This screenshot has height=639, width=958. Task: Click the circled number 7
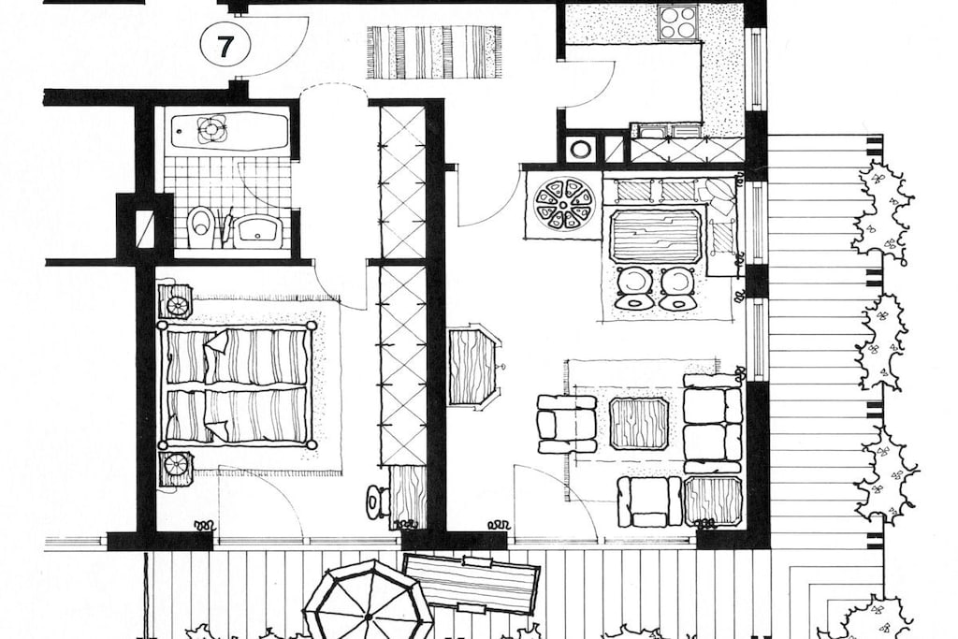225,47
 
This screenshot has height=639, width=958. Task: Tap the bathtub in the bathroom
230,129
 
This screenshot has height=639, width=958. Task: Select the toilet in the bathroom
200,228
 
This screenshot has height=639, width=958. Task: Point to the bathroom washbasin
257,230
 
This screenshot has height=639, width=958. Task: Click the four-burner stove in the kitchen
677,22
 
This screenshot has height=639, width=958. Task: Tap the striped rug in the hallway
434,52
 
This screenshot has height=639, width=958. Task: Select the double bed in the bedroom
238,385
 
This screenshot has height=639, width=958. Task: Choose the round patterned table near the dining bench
564,203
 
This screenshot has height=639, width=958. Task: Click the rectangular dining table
656,237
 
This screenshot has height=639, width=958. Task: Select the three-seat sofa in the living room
713,424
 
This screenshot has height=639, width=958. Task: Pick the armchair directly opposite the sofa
566,424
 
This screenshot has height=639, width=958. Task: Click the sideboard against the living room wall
472,367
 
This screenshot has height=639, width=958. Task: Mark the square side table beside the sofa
713,501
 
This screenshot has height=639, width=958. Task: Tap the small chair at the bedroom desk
377,501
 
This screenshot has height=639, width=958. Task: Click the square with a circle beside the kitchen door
578,149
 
